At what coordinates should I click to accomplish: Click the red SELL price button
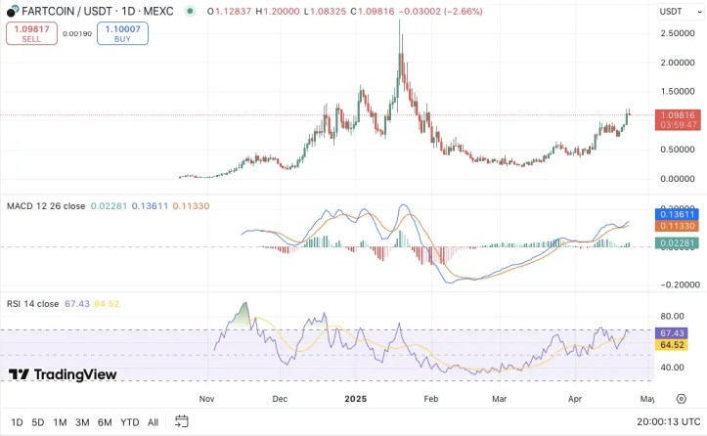click(x=30, y=34)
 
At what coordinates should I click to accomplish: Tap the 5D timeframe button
click(x=38, y=422)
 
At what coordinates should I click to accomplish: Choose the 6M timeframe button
click(x=106, y=422)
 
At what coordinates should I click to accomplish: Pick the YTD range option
click(x=129, y=422)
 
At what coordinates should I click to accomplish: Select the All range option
click(x=153, y=422)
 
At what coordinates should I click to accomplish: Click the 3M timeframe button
click(x=82, y=422)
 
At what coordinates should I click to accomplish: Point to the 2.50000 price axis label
click(x=677, y=32)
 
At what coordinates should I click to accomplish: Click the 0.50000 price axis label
click(x=677, y=150)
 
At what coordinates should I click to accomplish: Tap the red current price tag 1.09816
click(x=677, y=115)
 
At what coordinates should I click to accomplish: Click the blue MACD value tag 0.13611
click(x=677, y=213)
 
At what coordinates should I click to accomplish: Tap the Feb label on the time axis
click(x=431, y=399)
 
